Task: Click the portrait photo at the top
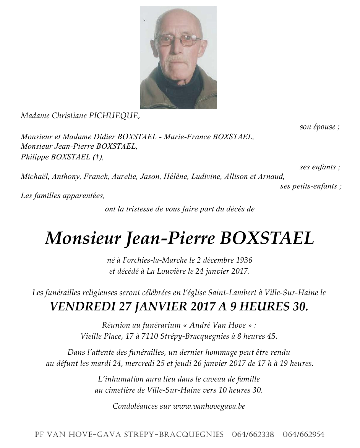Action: tap(178, 57)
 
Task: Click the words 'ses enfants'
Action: tap(318, 167)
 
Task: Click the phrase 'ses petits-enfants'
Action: tap(308, 186)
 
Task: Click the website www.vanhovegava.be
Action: tap(209, 406)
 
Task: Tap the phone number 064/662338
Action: tap(253, 435)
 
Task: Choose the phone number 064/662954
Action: tap(303, 435)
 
